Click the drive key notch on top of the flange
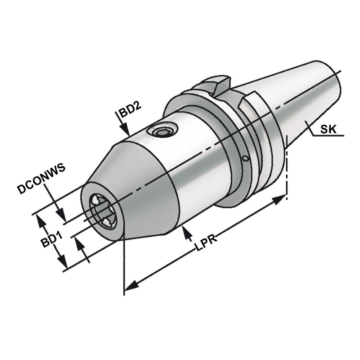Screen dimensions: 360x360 [x=215, y=85]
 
